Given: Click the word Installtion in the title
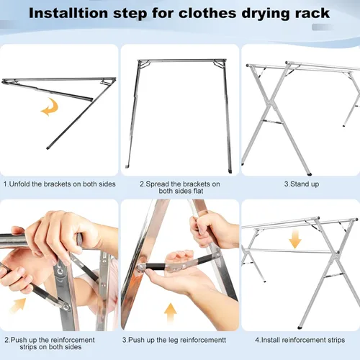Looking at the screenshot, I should tap(88, 13).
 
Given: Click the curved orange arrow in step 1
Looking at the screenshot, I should tap(49, 109).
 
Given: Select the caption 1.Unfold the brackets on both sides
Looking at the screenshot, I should tap(59, 184).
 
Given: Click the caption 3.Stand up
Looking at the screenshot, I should tap(300, 184).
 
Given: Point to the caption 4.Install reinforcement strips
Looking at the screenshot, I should tap(300, 339).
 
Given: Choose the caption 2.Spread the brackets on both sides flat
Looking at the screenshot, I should tap(179, 188).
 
